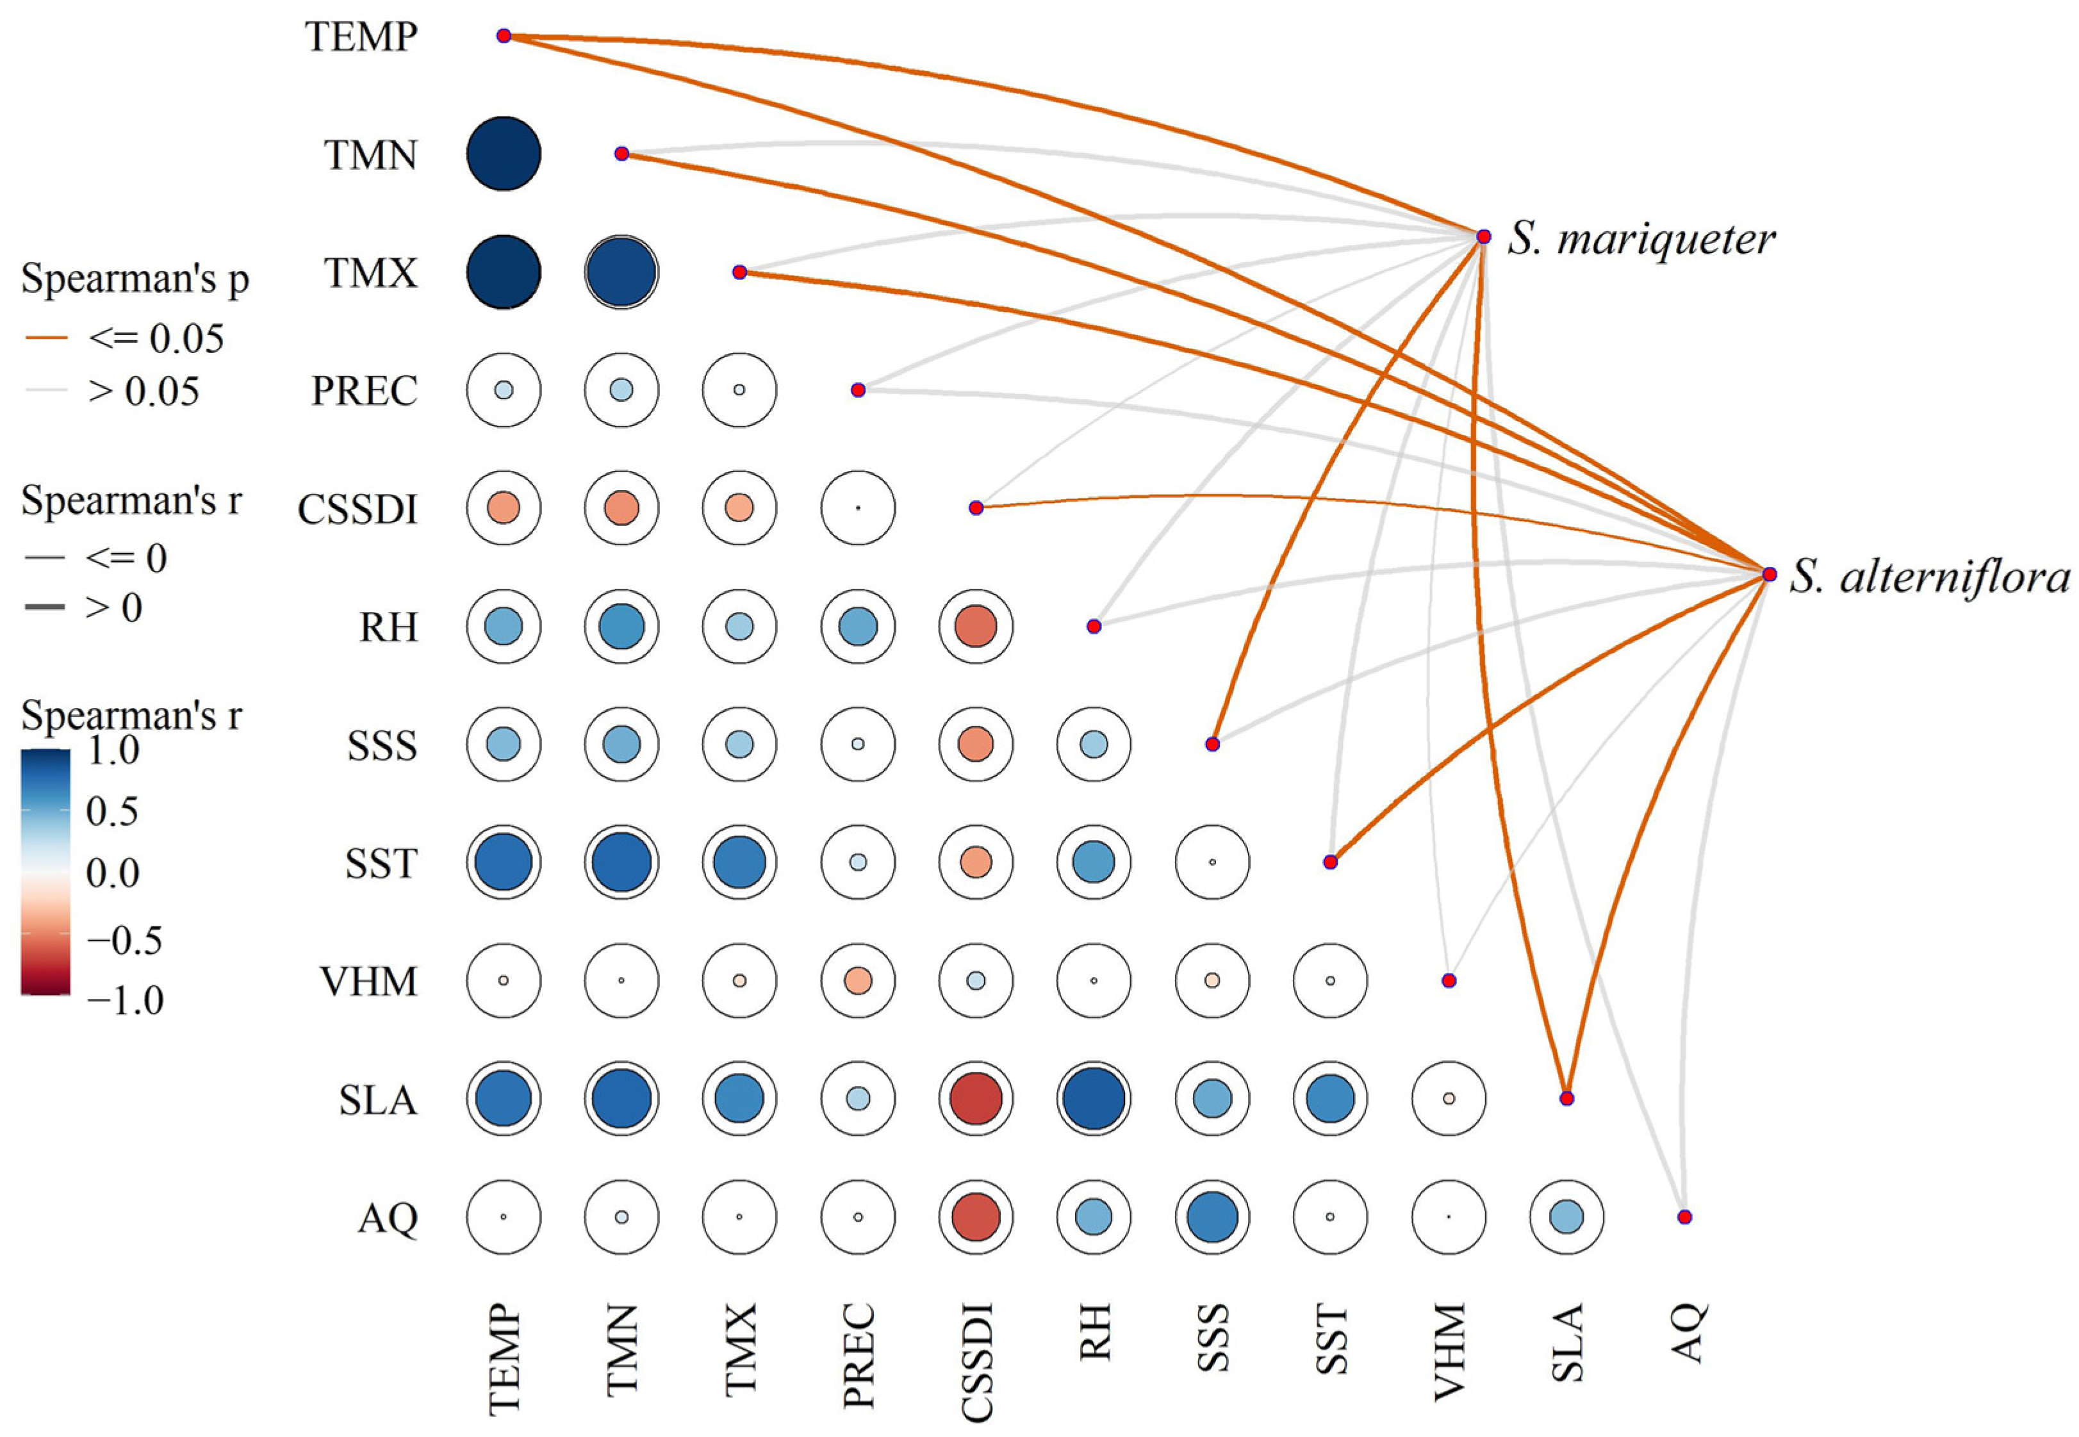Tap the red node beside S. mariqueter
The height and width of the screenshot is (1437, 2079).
pyautogui.click(x=1484, y=237)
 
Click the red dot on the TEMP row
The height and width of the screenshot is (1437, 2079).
pyautogui.click(x=504, y=36)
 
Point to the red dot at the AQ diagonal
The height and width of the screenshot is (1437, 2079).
pyautogui.click(x=1684, y=1217)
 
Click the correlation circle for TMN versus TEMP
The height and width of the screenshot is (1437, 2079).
pyautogui.click(x=504, y=154)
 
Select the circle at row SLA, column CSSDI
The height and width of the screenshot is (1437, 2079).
pyautogui.click(x=976, y=1099)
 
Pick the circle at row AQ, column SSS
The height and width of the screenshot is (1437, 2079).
pyautogui.click(x=1212, y=1217)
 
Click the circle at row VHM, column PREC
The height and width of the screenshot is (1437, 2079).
pyautogui.click(x=858, y=980)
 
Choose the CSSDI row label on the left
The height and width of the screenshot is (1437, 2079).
pyautogui.click(x=357, y=509)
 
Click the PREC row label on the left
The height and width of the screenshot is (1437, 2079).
pyautogui.click(x=364, y=391)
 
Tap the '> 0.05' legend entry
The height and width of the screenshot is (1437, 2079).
pyautogui.click(x=143, y=391)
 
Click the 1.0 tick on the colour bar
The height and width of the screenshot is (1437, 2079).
pyautogui.click(x=113, y=750)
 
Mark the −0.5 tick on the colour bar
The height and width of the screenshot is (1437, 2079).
pyautogui.click(x=124, y=940)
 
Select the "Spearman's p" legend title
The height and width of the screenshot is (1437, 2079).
pyautogui.click(x=135, y=279)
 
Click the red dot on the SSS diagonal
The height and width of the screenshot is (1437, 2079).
pyautogui.click(x=1213, y=744)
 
